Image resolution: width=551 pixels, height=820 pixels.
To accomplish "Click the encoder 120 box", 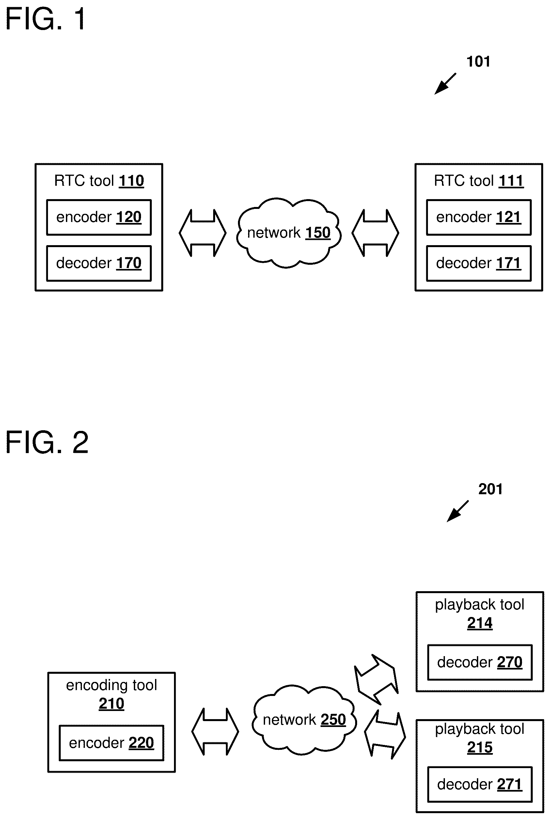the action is (x=99, y=217).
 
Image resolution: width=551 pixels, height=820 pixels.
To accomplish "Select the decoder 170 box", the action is (x=99, y=263).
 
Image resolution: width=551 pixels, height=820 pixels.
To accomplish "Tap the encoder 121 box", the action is (x=479, y=217).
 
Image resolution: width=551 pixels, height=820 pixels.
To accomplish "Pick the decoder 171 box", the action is (x=479, y=263).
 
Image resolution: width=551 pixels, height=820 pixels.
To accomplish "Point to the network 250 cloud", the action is (x=304, y=719).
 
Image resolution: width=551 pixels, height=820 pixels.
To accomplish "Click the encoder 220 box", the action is (x=111, y=743).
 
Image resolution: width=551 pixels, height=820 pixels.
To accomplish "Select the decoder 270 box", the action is (x=480, y=662).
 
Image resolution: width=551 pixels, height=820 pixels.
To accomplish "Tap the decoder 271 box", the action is (x=480, y=784).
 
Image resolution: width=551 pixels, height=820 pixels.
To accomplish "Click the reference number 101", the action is (x=478, y=62).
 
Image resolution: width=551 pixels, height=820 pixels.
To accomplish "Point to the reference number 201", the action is (x=491, y=489).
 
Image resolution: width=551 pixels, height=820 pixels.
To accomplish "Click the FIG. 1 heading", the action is (x=46, y=19).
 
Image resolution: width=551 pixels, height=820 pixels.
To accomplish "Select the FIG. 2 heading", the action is (x=47, y=442).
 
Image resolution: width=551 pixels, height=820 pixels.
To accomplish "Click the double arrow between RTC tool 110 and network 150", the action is (x=203, y=233).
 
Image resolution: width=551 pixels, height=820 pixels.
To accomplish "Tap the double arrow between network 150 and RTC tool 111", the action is (x=375, y=233).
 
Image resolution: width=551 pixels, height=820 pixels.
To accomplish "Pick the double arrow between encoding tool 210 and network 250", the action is (x=215, y=732).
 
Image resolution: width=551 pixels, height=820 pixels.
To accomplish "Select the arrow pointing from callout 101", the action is (x=445, y=84).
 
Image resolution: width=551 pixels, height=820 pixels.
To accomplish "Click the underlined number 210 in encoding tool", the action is (x=111, y=704).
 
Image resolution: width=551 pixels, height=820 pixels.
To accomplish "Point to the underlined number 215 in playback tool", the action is (x=480, y=747).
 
